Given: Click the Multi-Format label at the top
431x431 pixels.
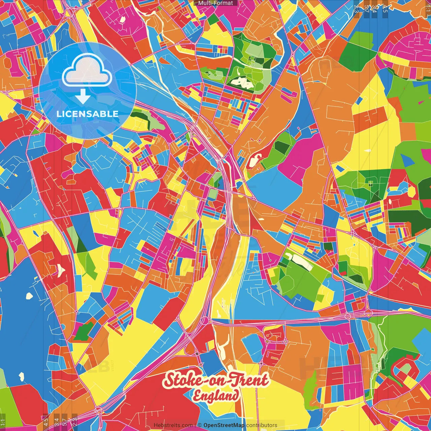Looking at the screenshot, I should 215,3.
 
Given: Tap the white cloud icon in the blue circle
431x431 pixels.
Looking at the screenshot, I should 87,71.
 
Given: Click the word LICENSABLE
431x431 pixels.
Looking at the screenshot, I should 88,114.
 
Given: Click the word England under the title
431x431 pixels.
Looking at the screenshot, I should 216,396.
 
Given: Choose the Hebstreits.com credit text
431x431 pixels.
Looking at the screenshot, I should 173,425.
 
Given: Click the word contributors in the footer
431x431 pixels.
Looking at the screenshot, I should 262,425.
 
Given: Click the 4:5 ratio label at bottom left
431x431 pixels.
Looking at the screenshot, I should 46,422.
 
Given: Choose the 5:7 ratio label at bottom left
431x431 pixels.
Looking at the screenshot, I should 65,422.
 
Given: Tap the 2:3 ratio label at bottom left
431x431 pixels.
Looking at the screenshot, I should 75,422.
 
